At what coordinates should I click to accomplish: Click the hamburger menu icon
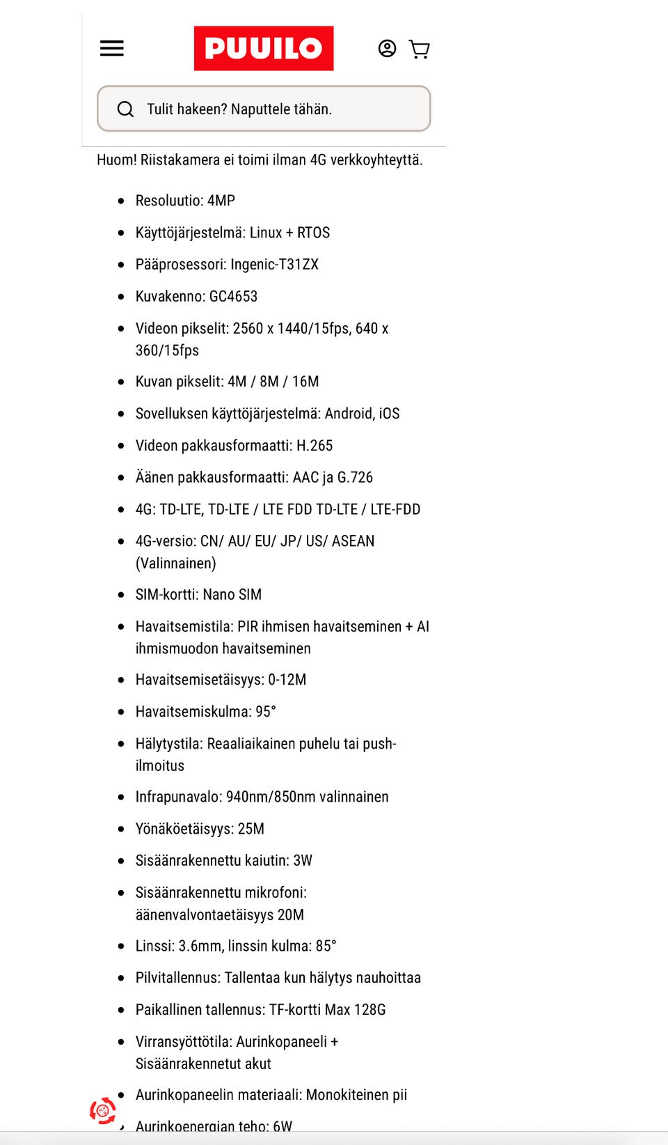112,48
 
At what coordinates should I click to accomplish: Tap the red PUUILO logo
264,48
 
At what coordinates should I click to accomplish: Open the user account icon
387,48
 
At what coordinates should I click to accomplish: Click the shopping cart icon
419,49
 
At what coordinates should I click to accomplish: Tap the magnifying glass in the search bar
125,109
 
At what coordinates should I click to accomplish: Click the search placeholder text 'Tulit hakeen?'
186,109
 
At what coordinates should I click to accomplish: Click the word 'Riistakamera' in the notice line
180,160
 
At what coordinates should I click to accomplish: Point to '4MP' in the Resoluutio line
221,201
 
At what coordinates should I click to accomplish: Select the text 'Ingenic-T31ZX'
274,265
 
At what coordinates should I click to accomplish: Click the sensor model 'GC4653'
233,297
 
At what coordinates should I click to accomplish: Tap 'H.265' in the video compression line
315,446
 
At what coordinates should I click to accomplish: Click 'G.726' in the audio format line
355,478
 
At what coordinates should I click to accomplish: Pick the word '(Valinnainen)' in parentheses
175,563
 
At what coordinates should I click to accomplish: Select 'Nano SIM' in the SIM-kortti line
232,595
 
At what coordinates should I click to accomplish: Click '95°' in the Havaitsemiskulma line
266,712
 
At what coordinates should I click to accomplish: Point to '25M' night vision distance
250,829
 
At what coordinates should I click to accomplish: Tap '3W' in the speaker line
303,861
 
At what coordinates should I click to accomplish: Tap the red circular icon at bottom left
103,1110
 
